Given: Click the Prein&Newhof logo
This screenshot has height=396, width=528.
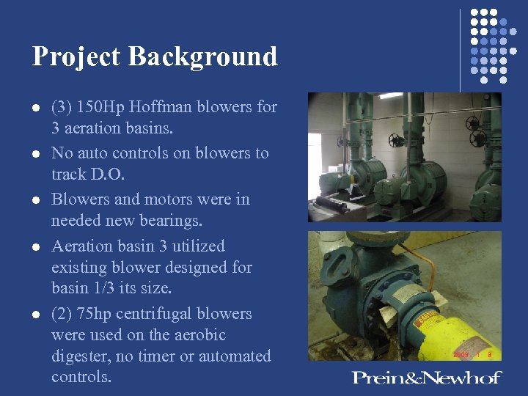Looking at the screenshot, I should point(426,378).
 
